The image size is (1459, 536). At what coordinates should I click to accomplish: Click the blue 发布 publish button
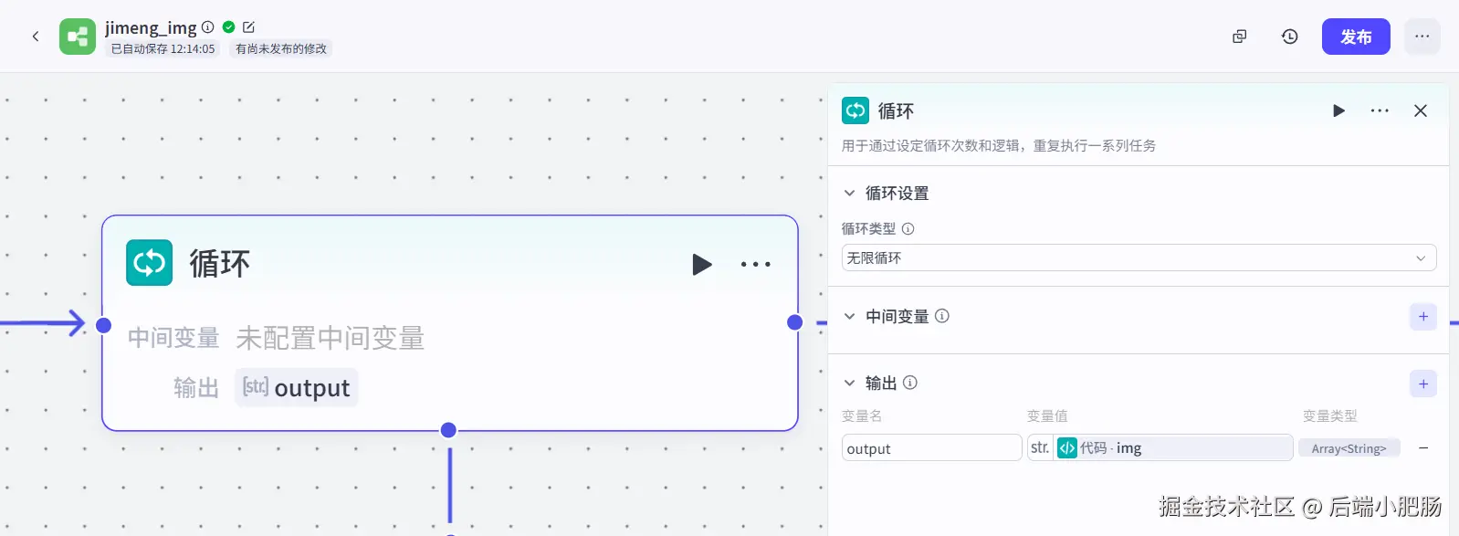coord(1356,37)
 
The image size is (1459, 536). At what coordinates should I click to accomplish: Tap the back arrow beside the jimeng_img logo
coord(36,37)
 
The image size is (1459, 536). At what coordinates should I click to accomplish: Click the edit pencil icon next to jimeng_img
coord(248,27)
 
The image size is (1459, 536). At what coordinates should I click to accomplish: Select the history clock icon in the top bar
coord(1289,37)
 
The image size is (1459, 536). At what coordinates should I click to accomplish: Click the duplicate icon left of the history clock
coord(1240,37)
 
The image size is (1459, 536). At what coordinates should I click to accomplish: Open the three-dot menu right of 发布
coord(1422,37)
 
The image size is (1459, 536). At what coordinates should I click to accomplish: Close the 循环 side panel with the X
coord(1421,110)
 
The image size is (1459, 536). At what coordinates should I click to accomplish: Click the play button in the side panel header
coord(1338,110)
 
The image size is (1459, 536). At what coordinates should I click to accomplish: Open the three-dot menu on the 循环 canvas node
coord(756,264)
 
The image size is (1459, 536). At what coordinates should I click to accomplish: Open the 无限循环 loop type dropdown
coord(1139,257)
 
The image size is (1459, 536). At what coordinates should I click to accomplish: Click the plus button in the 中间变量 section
coord(1423,317)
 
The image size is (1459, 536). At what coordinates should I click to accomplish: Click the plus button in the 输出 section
coord(1423,384)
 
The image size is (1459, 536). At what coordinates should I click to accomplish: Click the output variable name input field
coord(931,448)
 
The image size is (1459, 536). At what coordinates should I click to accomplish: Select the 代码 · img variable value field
coord(1160,448)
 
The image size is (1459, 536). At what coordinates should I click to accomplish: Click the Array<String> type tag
coord(1349,448)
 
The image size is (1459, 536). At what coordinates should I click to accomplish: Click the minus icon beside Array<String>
coord(1423,448)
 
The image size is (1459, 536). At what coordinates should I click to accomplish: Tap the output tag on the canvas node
coord(297,387)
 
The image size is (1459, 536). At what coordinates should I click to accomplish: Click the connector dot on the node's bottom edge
coord(448,430)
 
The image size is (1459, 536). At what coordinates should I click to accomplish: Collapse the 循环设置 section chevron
coord(849,193)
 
